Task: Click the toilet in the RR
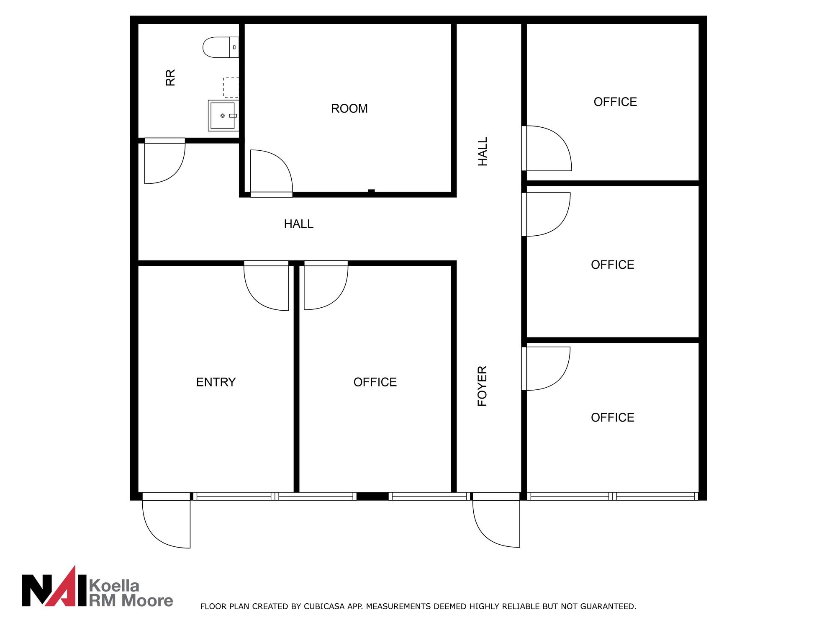point(221,47)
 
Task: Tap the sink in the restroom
point(223,116)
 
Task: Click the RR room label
point(170,78)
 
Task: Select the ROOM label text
point(349,108)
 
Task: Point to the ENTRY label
point(216,382)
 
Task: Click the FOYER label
point(483,386)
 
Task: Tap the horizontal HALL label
point(299,224)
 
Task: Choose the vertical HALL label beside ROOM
point(483,152)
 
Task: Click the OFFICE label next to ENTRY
point(375,382)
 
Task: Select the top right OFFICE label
point(615,102)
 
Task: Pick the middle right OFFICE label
point(613,265)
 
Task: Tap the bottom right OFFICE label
point(613,417)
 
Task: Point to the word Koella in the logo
point(114,585)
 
